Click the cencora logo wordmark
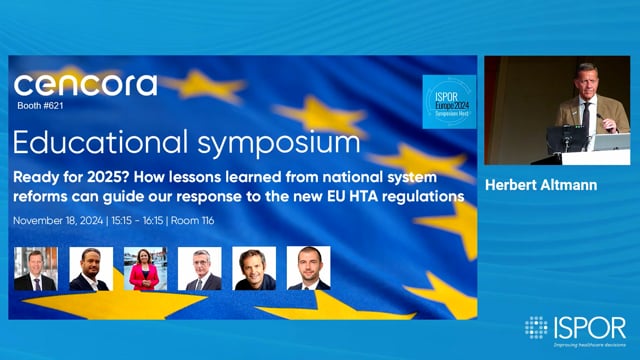pos(86,85)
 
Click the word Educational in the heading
pos(88,140)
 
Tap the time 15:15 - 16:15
pos(153,220)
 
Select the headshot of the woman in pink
pos(145,268)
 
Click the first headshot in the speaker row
pos(35,268)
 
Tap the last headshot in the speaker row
pos(308,268)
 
